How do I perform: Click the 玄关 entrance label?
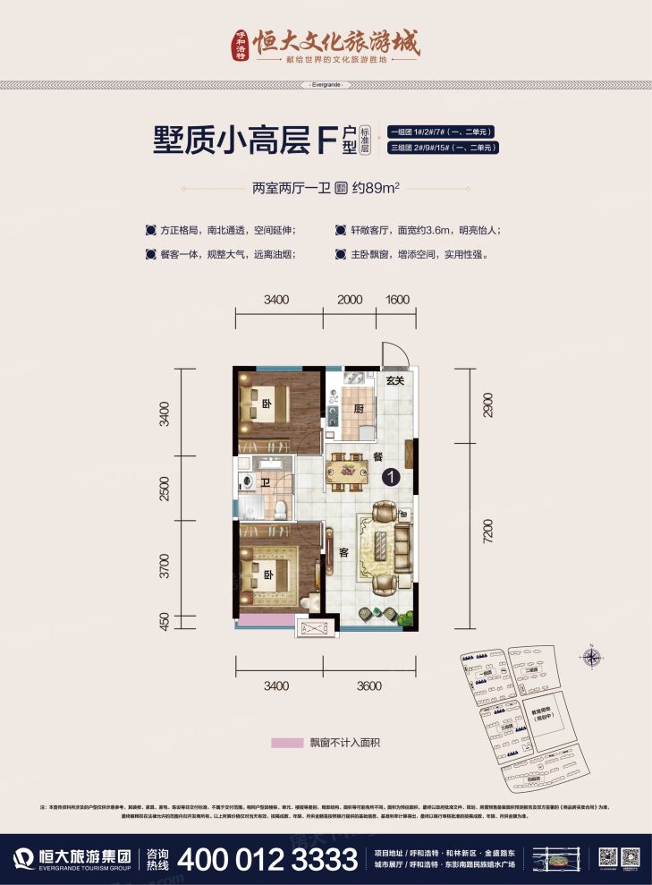[395, 381]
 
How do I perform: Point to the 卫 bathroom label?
[267, 483]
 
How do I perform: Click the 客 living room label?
[343, 552]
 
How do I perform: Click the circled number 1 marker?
[390, 478]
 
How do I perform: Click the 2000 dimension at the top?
[350, 299]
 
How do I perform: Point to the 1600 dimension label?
[398, 299]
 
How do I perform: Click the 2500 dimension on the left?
[164, 489]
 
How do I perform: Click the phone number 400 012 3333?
[268, 860]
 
